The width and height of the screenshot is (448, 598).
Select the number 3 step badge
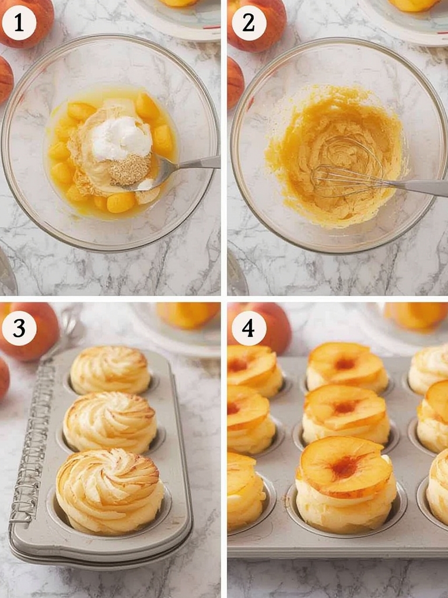pos(19,328)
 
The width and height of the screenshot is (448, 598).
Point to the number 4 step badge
pos(249,328)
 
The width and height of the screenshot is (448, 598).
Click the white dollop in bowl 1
pos(121,138)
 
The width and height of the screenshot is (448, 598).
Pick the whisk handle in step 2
pos(420,187)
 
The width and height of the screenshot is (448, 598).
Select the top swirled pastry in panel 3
pos(110,369)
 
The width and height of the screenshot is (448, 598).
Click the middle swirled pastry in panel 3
pos(110,422)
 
